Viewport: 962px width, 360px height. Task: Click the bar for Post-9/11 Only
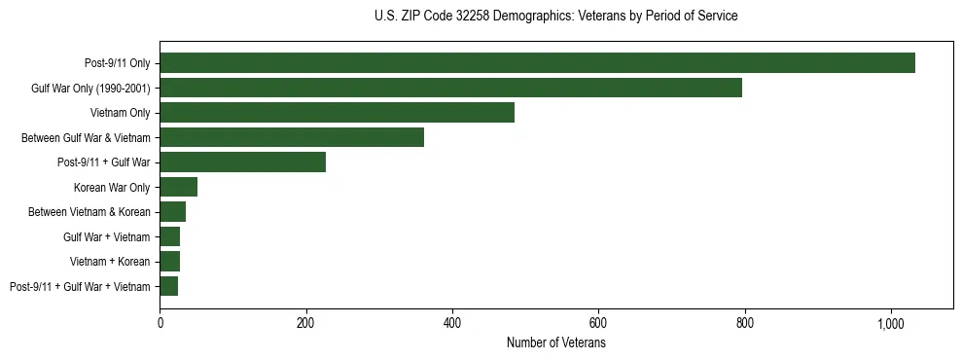pos(537,63)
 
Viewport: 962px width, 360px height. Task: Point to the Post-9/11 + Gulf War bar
pos(242,162)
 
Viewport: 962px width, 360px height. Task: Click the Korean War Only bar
pos(178,187)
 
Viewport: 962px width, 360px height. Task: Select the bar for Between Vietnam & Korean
pos(172,212)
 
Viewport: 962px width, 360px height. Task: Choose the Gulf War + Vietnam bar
pos(169,236)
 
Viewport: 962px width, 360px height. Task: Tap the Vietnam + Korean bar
pos(169,262)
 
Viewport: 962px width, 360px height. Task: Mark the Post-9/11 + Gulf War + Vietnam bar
pos(168,286)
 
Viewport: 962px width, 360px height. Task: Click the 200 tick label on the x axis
pos(306,324)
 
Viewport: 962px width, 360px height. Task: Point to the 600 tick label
pos(598,324)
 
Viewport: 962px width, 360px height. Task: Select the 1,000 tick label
pos(890,324)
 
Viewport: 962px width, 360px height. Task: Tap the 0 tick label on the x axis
pos(160,324)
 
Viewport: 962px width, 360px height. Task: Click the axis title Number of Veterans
pos(556,343)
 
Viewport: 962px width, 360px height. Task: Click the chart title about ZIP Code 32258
pos(555,17)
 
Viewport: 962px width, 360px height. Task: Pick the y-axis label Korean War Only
pos(112,187)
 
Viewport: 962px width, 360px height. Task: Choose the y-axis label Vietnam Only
pos(121,113)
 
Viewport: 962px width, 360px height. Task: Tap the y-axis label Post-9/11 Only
pos(118,63)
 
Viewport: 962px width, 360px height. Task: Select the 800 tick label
pos(744,324)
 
